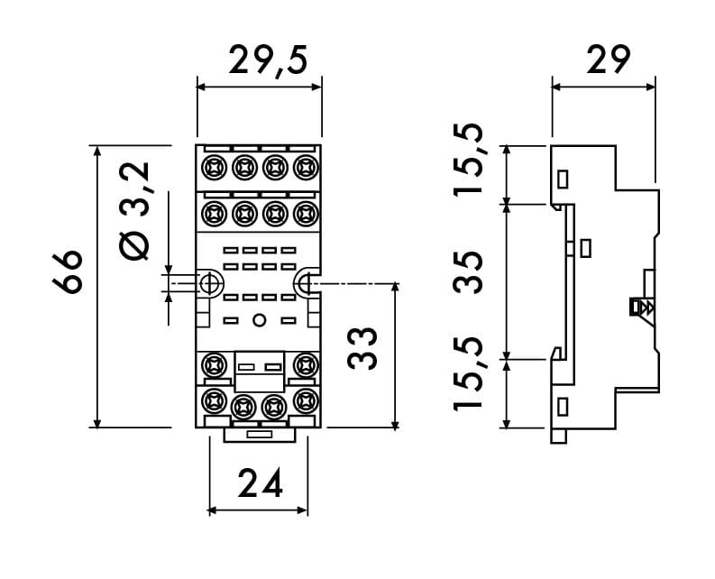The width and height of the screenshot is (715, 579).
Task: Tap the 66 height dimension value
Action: click(69, 271)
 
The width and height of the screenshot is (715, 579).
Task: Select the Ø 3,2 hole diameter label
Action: click(135, 213)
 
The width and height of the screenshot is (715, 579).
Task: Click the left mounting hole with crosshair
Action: click(210, 284)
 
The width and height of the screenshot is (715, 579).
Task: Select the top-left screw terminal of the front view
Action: click(215, 167)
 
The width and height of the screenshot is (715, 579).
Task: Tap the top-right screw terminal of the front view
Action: click(305, 167)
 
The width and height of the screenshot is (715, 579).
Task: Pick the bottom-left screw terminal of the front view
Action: click(215, 400)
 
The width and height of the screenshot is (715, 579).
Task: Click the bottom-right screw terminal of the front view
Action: click(305, 400)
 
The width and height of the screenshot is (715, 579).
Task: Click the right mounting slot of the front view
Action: click(306, 284)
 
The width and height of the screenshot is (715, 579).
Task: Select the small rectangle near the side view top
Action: click(564, 178)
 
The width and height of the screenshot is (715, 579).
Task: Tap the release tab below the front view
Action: click(260, 435)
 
